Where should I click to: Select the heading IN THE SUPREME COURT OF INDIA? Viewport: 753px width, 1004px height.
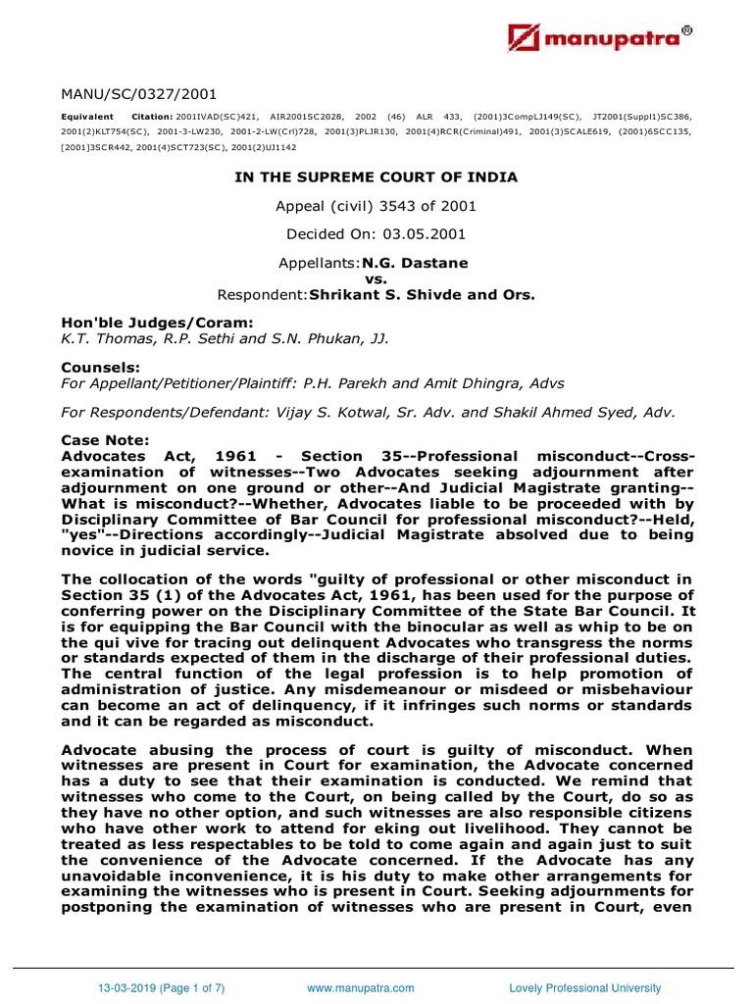[x=375, y=177]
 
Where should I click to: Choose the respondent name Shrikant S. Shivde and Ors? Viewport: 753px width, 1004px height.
[x=424, y=293]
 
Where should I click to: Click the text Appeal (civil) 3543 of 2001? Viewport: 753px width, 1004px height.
[x=376, y=206]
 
